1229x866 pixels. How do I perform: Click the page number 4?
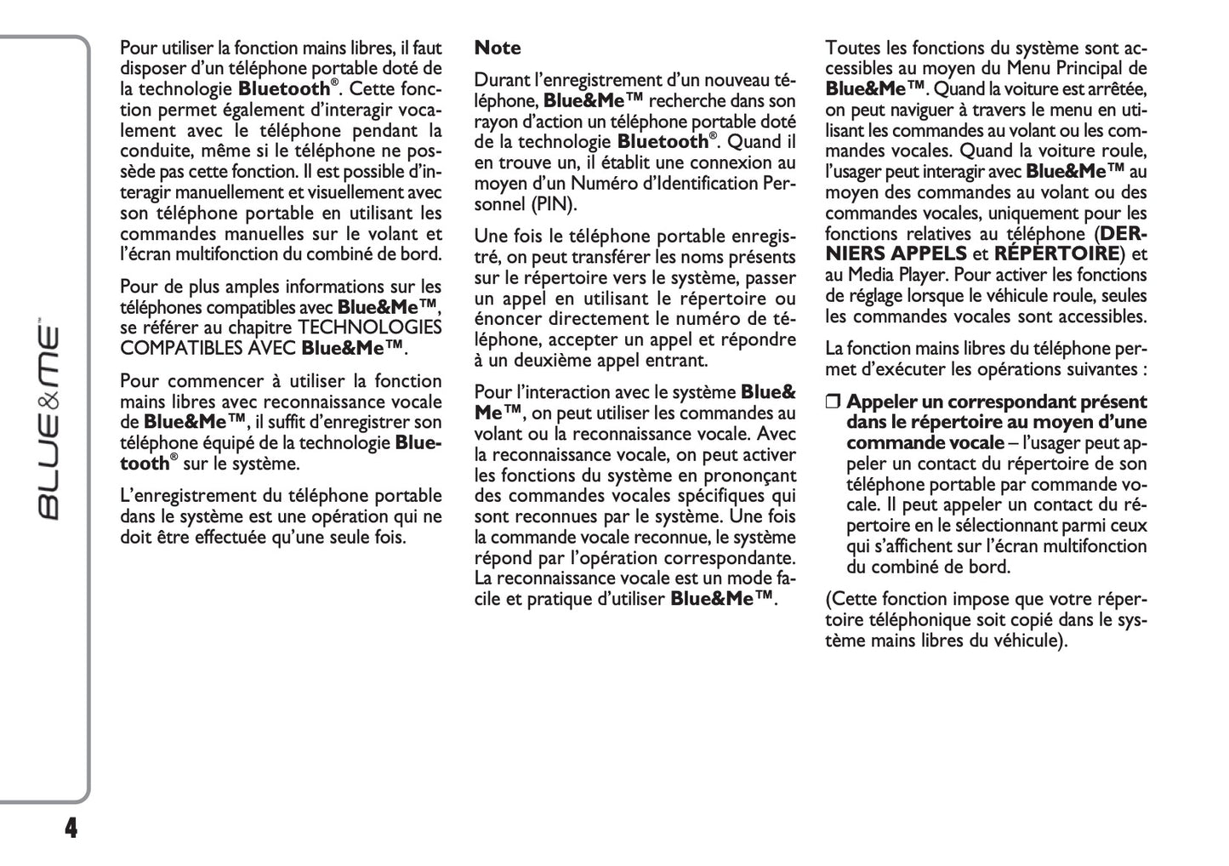point(70,828)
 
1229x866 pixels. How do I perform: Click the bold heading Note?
point(498,48)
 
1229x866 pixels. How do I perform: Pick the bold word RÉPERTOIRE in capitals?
point(1056,254)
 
